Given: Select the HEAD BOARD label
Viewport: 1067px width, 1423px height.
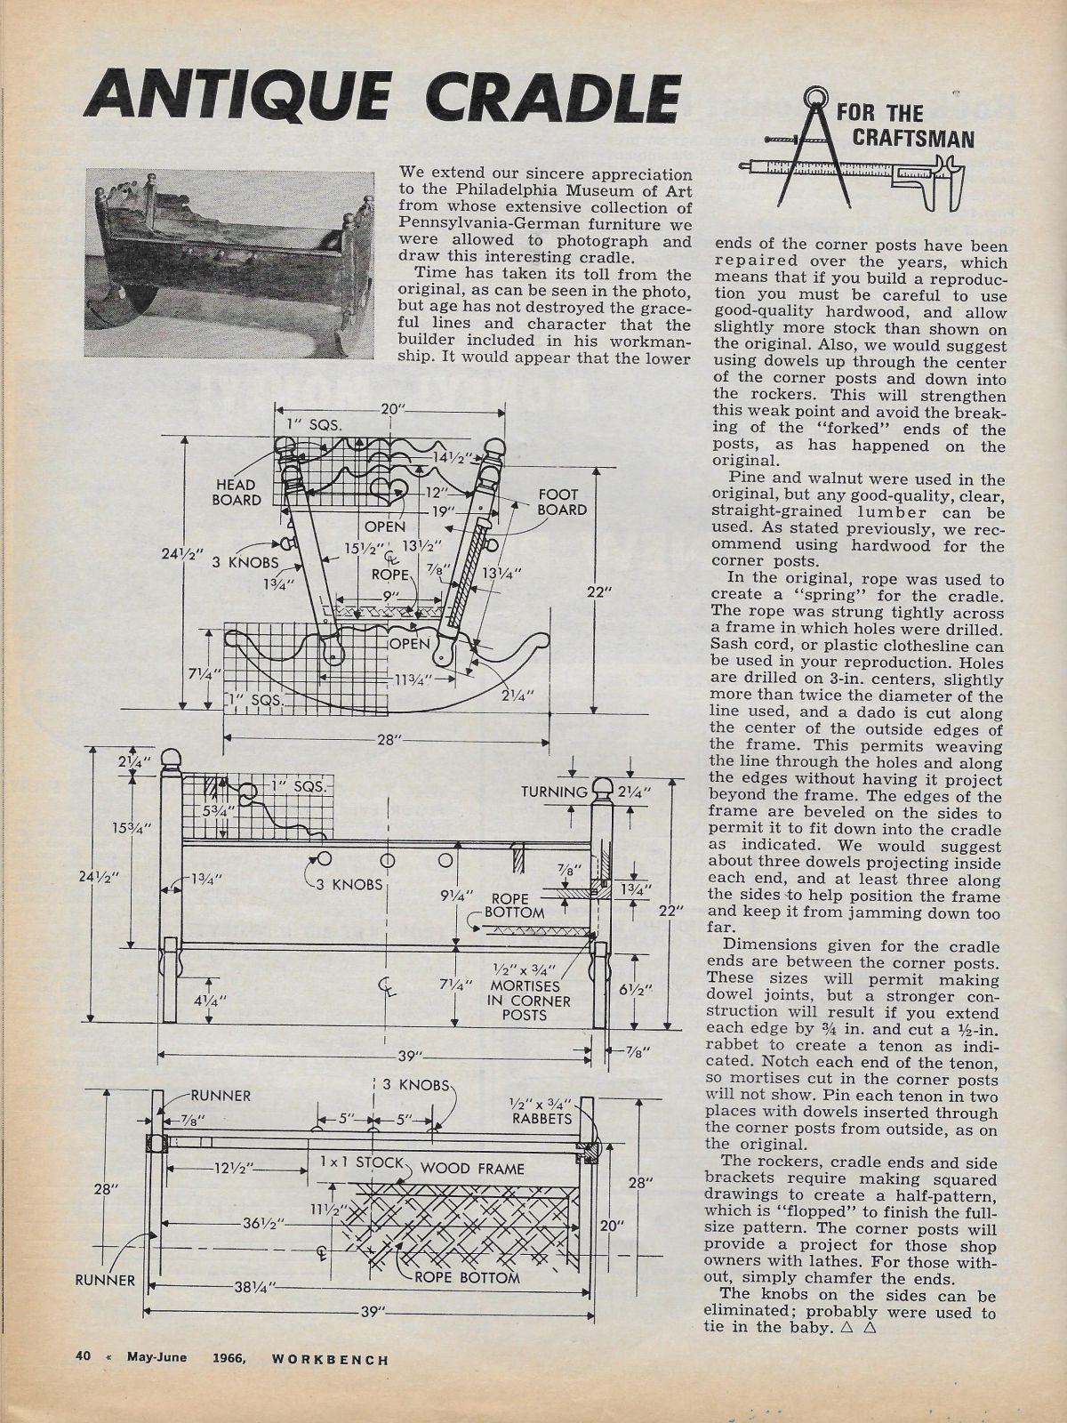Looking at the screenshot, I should tap(237, 492).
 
